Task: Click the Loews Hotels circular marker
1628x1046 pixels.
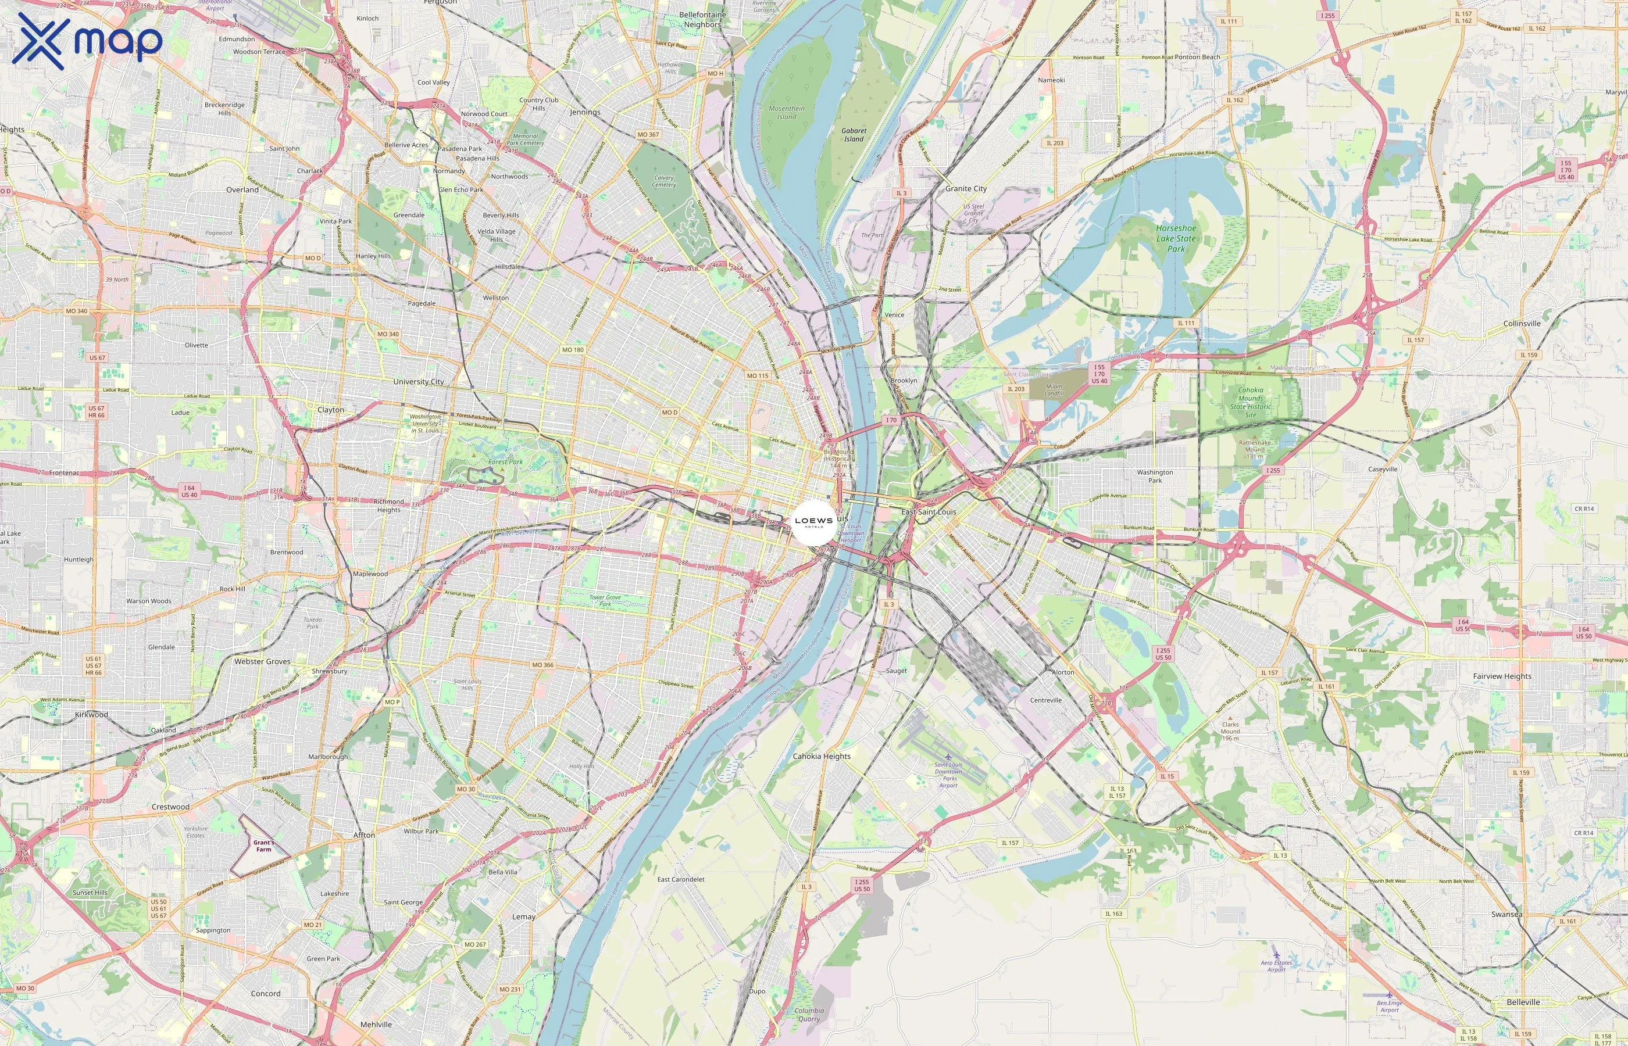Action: coord(813,522)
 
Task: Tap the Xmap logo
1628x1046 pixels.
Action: coord(87,41)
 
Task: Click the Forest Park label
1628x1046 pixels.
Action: coord(505,462)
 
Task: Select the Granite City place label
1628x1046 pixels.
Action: coord(966,189)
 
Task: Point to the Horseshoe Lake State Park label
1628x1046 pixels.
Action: coord(1176,238)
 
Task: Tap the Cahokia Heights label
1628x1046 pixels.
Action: coord(822,756)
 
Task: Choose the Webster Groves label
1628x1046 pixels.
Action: coord(262,661)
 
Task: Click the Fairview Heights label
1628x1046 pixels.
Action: coord(1502,676)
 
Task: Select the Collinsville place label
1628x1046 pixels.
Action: coord(1522,323)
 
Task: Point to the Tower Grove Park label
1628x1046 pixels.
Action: coord(605,600)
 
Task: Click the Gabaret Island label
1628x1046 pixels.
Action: coord(854,134)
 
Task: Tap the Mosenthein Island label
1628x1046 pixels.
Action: coord(786,113)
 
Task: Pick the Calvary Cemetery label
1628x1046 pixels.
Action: coord(664,181)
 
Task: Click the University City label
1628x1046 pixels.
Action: coord(418,382)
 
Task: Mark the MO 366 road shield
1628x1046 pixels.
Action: coord(542,665)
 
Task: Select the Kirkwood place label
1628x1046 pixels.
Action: coord(91,715)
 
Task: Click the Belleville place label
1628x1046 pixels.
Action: coord(1523,1002)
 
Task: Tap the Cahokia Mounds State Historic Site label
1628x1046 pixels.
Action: coord(1250,402)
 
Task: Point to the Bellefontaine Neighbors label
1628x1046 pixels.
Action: coord(702,20)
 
